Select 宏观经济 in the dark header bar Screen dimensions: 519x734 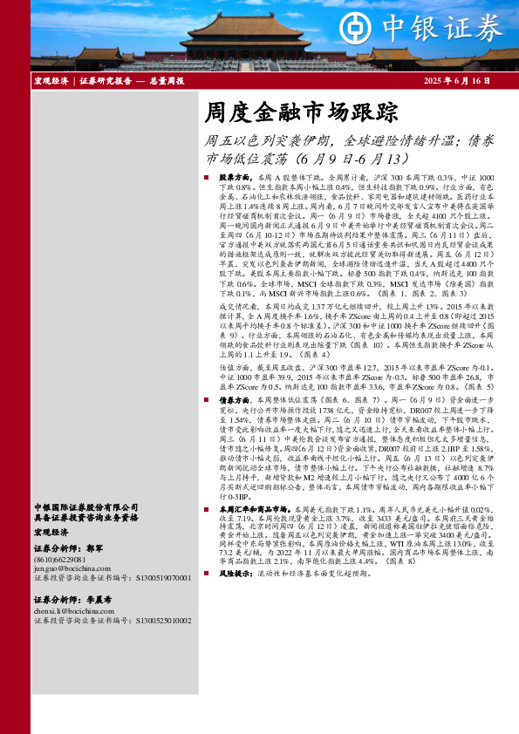click(52, 81)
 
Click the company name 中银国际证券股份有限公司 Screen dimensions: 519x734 click(85, 506)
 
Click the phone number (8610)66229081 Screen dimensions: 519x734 click(60, 559)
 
